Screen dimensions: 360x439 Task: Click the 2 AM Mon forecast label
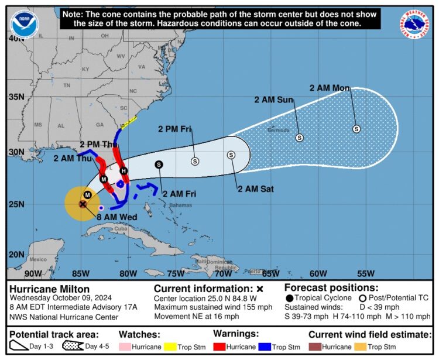tap(330, 88)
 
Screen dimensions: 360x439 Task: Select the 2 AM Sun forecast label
tap(273, 100)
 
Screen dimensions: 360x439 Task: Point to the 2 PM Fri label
tap(175, 129)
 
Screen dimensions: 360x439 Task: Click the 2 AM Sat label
tap(256, 188)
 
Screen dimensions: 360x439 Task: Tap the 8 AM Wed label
tap(116, 217)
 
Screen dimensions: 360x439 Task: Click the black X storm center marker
tap(83, 204)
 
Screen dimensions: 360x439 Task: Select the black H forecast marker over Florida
tap(124, 170)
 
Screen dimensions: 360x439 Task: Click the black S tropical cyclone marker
tap(159, 164)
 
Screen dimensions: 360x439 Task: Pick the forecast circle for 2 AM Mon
tap(356, 129)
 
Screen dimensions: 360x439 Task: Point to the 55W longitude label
tap(365, 273)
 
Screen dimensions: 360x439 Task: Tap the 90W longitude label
tap(33, 273)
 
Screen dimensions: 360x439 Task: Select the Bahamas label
tap(180, 205)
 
